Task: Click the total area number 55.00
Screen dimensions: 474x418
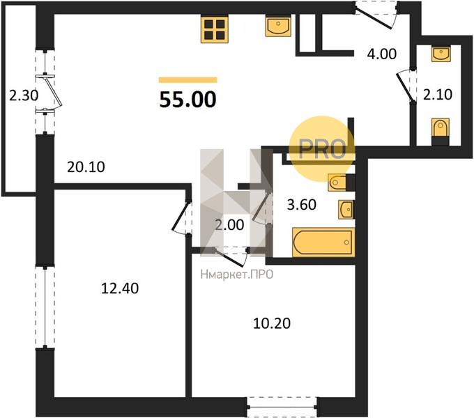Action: pos(188,100)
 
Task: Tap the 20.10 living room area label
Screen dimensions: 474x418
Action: pos(86,167)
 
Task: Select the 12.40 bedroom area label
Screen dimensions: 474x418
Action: pos(120,288)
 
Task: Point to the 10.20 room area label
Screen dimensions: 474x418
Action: pos(271,323)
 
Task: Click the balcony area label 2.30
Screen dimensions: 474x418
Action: pos(24,96)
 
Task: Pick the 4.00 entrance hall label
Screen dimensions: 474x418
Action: pos(381,54)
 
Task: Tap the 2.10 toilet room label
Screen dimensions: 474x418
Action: pos(438,95)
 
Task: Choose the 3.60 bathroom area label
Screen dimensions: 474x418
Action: pos(302,205)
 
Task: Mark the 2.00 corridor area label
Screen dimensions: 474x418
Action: pos(229,225)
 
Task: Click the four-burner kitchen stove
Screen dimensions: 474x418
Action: pos(215,29)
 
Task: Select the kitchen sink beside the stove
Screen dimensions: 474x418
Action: pos(278,26)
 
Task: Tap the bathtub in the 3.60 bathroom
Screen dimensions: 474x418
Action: pos(323,242)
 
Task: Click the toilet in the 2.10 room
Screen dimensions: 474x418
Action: pos(441,131)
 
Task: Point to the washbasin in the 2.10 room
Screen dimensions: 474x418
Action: pos(441,54)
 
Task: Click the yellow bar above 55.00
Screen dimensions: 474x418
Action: pos(188,80)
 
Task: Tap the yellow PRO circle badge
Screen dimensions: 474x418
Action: pos(321,149)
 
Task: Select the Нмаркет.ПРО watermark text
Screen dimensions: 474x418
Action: pos(237,274)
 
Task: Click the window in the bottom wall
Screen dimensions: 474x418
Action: pos(282,407)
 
